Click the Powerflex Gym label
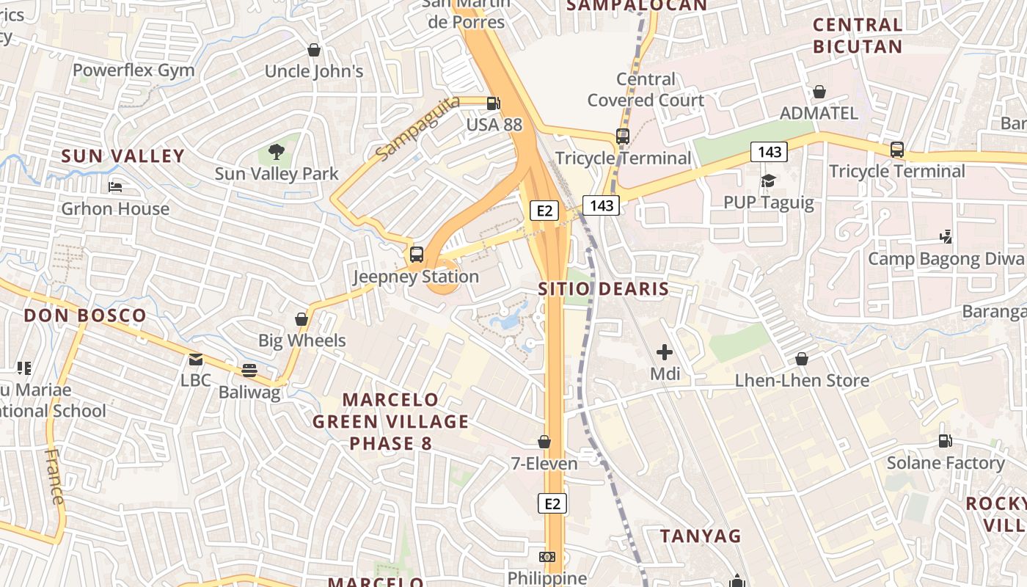(134, 70)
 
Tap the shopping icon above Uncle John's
(314, 50)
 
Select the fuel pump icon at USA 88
(494, 103)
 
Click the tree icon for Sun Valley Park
(277, 153)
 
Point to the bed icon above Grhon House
(115, 187)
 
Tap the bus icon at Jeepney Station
(417, 255)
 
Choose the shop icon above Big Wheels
(301, 319)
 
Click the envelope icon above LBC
(196, 360)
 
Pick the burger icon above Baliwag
(249, 371)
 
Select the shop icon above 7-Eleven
(544, 442)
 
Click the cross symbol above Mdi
(665, 352)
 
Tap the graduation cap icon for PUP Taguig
(768, 181)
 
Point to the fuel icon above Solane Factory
(946, 441)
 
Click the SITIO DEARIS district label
(604, 288)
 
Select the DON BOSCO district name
(85, 316)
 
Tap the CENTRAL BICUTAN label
(858, 35)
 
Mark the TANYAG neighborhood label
(701, 536)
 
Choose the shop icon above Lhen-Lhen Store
(802, 359)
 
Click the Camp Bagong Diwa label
(946, 258)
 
